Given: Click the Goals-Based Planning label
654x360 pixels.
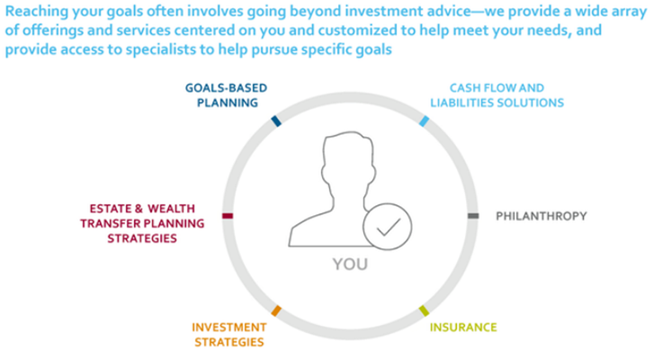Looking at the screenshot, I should pyautogui.click(x=226, y=95).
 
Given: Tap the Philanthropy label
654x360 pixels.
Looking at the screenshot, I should pyautogui.click(x=541, y=216).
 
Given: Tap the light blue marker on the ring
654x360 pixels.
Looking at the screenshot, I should pyautogui.click(x=423, y=121).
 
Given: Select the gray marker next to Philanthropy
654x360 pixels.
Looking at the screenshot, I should pyautogui.click(x=473, y=216).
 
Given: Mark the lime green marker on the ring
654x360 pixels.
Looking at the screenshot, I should pyautogui.click(x=424, y=311).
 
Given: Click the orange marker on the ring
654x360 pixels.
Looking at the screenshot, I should pyautogui.click(x=276, y=311).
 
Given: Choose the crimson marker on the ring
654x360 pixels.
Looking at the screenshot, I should pyautogui.click(x=227, y=216).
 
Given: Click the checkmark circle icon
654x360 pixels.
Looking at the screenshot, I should pyautogui.click(x=389, y=229).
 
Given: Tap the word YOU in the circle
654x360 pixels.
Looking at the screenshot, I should pyautogui.click(x=350, y=266).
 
